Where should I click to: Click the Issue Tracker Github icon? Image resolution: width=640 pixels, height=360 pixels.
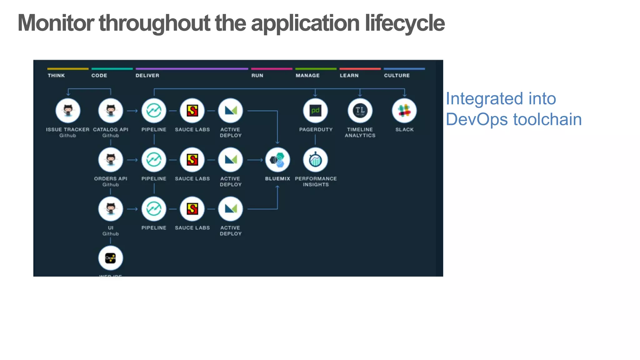pos(68,111)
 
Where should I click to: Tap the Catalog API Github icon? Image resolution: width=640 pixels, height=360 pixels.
pos(111,111)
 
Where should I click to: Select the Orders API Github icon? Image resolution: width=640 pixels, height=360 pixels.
pos(111,160)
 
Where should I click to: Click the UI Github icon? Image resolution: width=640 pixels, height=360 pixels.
pos(111,209)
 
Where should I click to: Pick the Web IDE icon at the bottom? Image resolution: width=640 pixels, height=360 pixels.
pos(111,258)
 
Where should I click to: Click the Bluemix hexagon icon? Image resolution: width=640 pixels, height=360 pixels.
pos(277,160)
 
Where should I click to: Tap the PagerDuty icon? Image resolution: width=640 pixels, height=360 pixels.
pos(315,111)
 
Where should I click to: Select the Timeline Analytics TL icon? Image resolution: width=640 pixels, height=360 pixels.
pos(360,111)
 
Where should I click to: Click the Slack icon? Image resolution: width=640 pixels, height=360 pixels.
pos(404,111)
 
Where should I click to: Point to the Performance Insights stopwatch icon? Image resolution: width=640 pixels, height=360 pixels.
pos(315,160)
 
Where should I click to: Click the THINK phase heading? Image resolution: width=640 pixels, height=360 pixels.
pos(56,76)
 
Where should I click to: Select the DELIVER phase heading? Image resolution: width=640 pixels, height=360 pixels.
pos(147,76)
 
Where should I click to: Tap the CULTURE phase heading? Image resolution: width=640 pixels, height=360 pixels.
pos(397,76)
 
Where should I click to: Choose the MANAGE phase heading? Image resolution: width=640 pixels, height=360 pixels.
pos(307,76)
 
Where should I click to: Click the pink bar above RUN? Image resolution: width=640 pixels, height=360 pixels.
pos(271,69)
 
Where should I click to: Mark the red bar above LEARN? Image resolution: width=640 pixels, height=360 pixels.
pos(360,69)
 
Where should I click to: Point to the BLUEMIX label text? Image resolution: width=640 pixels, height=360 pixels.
pos(277,179)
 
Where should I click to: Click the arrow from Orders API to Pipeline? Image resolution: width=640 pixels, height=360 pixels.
pos(132,160)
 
